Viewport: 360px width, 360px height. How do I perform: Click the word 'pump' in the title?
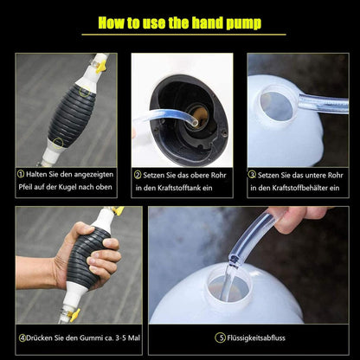(x=244, y=23)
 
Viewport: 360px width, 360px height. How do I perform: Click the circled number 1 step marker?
(x=21, y=174)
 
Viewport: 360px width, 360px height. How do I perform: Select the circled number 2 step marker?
(x=138, y=175)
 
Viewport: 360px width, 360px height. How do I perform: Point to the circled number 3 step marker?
(x=252, y=175)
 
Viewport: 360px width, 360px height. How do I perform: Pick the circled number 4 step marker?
(x=22, y=337)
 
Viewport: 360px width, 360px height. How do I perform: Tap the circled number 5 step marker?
(x=220, y=337)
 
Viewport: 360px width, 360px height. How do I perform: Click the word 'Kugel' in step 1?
(x=67, y=187)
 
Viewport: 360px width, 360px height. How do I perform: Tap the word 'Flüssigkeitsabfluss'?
(x=256, y=337)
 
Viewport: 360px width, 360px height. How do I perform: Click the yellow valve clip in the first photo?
(x=101, y=67)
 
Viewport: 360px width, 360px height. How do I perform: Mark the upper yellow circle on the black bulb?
(x=84, y=92)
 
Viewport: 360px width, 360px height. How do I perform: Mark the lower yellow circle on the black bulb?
(x=58, y=143)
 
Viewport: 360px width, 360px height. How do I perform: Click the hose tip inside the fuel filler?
(x=195, y=123)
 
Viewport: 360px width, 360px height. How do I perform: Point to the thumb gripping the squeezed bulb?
(x=84, y=229)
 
